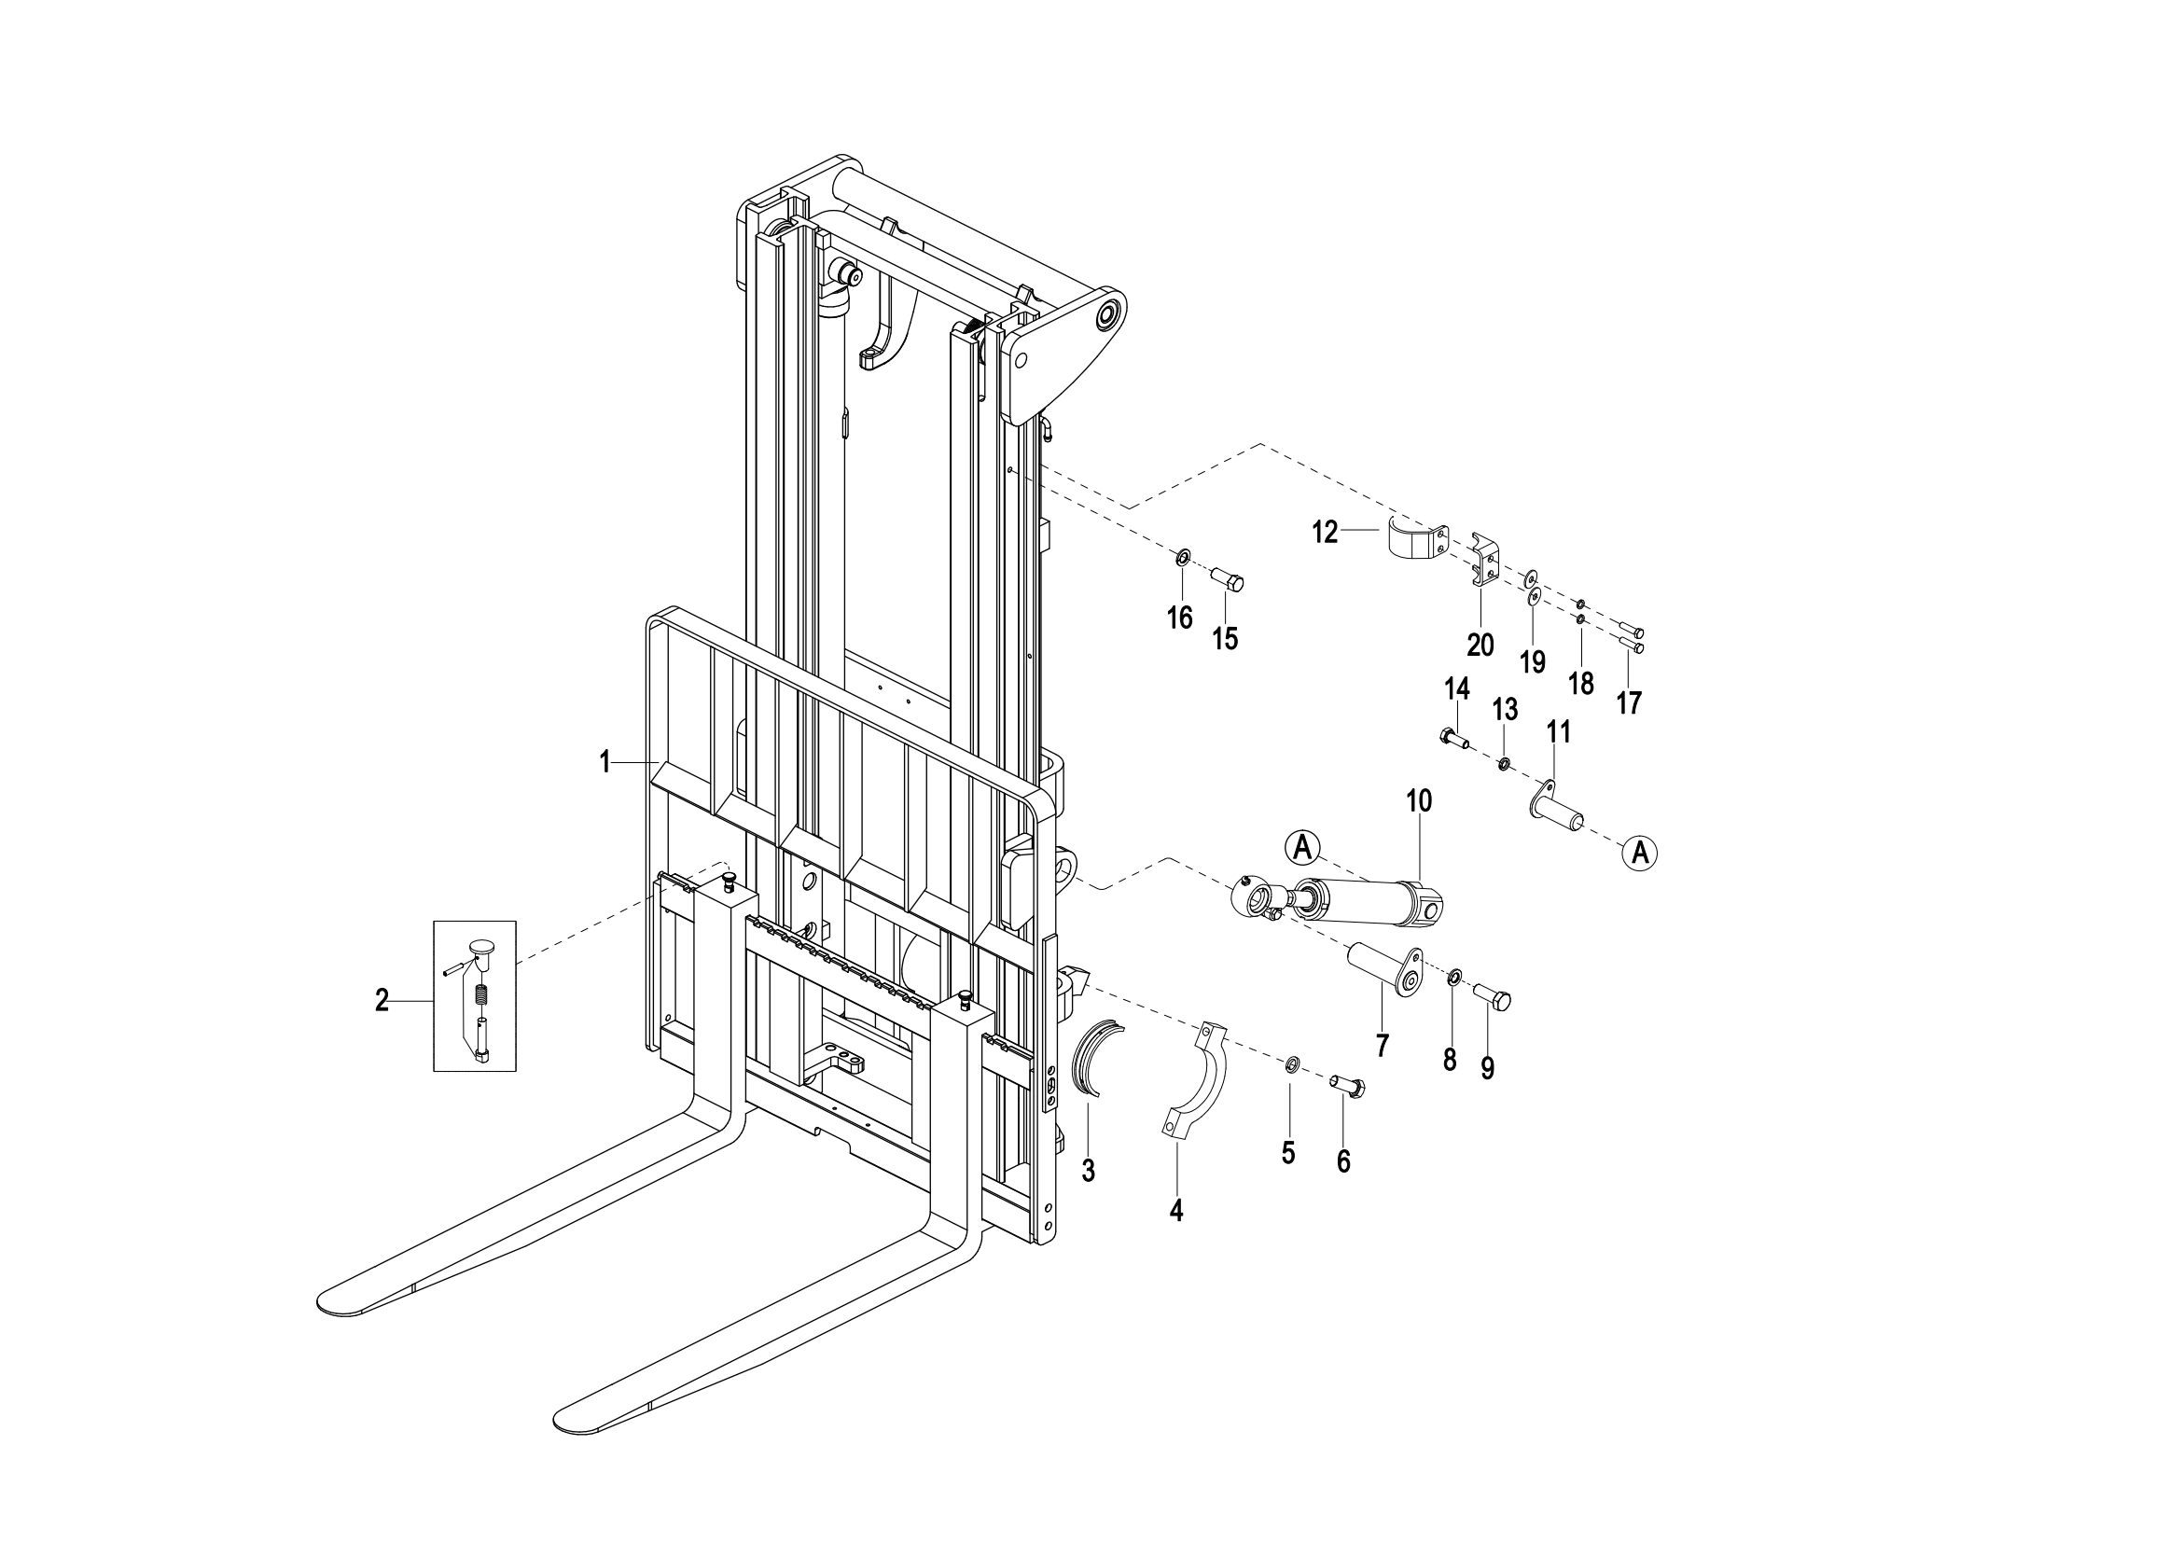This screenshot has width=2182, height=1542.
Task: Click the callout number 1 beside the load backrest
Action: click(605, 762)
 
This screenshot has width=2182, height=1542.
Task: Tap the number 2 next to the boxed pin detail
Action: click(382, 1000)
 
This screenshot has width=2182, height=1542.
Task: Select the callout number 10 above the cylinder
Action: click(1419, 801)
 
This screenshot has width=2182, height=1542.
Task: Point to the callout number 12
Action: click(1325, 532)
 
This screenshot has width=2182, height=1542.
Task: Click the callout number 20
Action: click(1480, 646)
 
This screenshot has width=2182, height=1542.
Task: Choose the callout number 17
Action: click(1629, 703)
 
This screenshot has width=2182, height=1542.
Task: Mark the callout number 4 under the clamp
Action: click(1176, 1211)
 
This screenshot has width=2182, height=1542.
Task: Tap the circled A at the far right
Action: click(1639, 853)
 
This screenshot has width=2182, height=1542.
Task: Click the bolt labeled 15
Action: click(1227, 578)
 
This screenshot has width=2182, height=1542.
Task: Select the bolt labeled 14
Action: click(1454, 737)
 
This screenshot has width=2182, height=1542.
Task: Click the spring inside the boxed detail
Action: click(481, 994)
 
